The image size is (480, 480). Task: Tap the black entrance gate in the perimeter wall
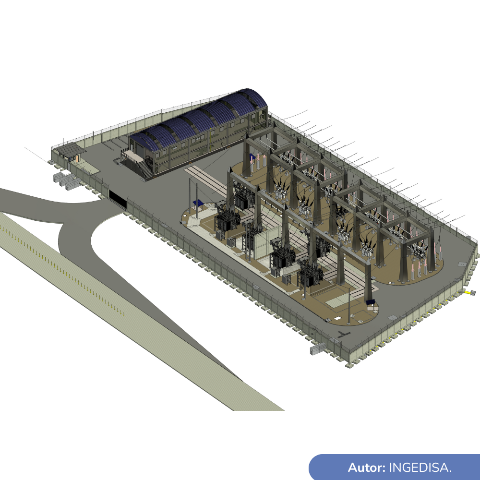(118, 199)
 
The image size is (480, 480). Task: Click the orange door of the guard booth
(77, 158)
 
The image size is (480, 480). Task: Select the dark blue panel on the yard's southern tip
(370, 302)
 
